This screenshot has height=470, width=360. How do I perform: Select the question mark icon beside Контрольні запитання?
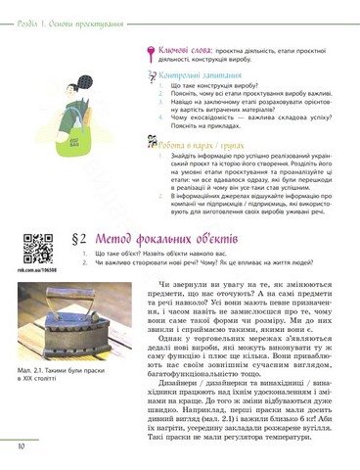click(149, 74)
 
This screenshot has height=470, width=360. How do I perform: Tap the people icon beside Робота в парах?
click(150, 142)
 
